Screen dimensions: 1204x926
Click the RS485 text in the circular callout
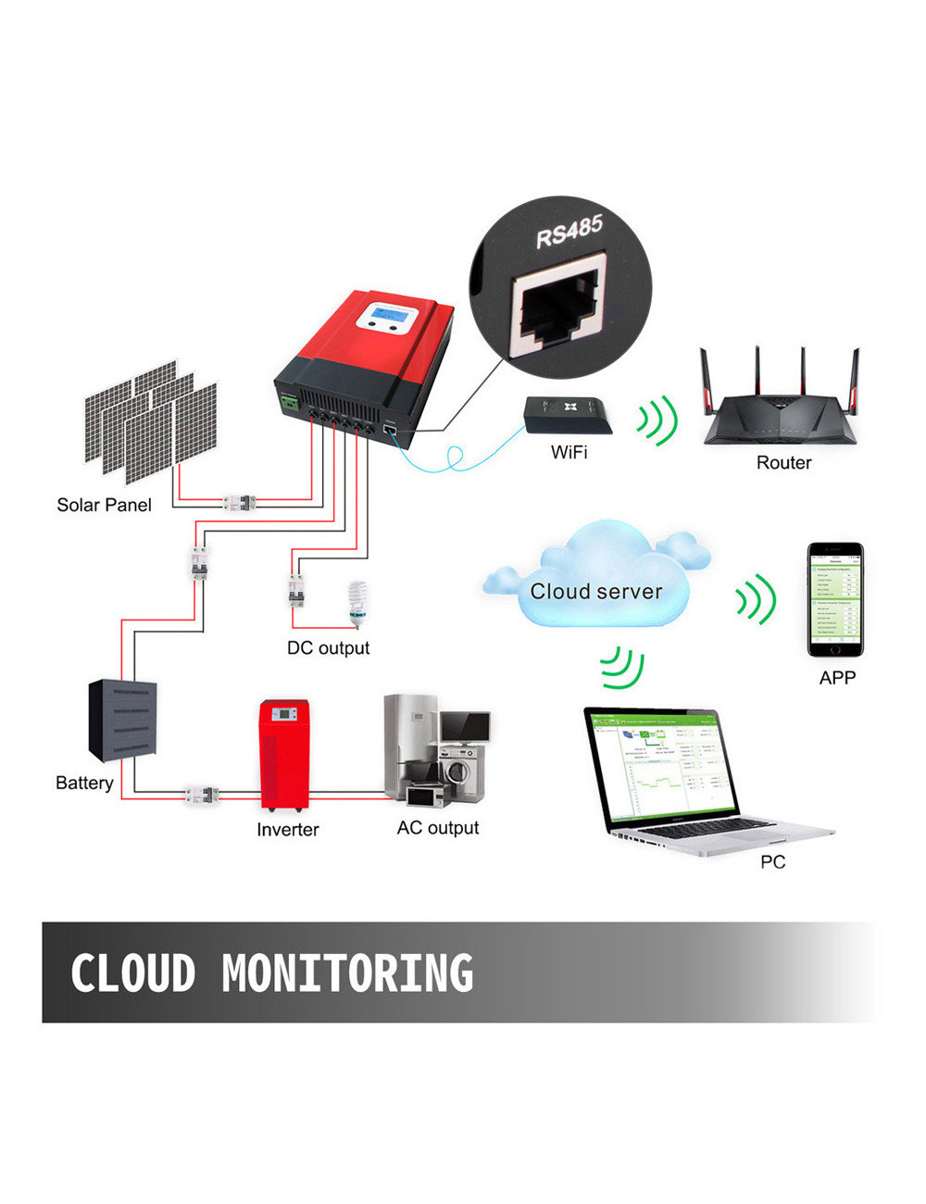coord(569,231)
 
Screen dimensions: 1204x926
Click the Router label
coord(783,462)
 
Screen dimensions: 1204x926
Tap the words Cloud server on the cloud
coord(596,591)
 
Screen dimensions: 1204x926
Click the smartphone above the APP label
coord(835,599)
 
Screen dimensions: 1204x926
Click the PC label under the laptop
coord(772,862)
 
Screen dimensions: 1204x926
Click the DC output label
coord(328,648)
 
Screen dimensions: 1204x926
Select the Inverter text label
coord(287,830)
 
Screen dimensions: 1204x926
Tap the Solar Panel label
coord(104,505)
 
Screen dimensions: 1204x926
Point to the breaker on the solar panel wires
coord(240,503)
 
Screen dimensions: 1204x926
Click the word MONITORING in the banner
coord(347,973)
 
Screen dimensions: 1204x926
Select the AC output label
coord(438,828)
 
